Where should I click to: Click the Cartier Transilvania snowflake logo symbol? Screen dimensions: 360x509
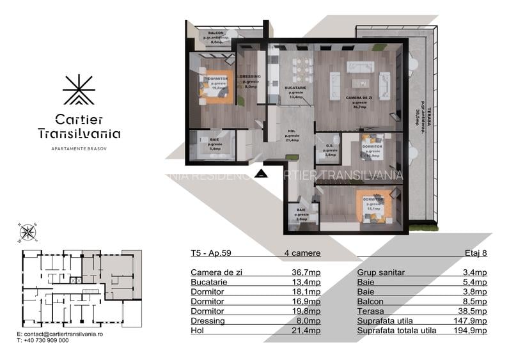79,90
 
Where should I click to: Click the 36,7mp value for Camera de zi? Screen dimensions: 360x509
306,272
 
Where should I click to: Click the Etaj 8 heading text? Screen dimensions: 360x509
476,253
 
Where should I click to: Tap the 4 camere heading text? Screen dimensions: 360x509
302,253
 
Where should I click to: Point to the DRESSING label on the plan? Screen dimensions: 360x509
251,77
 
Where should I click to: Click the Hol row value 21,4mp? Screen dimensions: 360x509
306,331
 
